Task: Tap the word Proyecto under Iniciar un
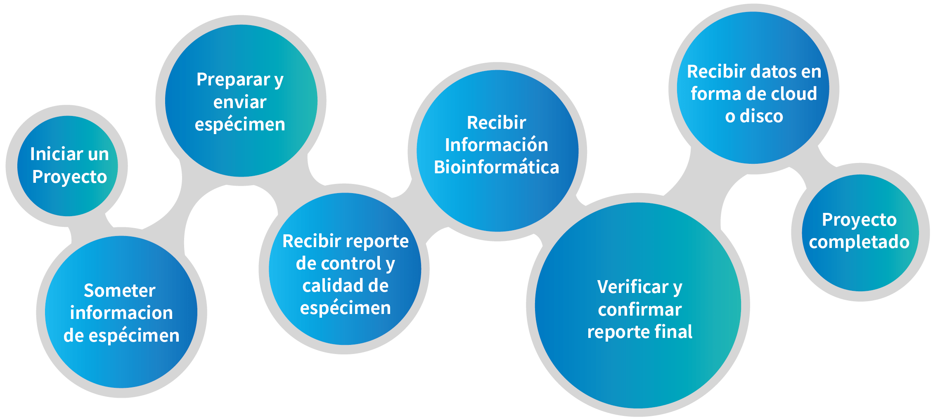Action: (x=70, y=177)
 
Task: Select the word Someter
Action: (x=120, y=290)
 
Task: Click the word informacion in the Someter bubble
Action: (x=121, y=313)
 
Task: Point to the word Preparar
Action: (x=233, y=80)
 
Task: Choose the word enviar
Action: (x=240, y=102)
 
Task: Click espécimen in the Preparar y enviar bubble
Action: (x=240, y=125)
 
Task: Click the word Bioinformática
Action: (x=497, y=167)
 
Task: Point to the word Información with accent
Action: (x=497, y=144)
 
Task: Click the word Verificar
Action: (x=633, y=287)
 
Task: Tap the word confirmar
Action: (x=640, y=309)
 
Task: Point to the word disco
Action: (x=762, y=116)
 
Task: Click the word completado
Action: (x=859, y=243)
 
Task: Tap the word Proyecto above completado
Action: (x=860, y=220)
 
